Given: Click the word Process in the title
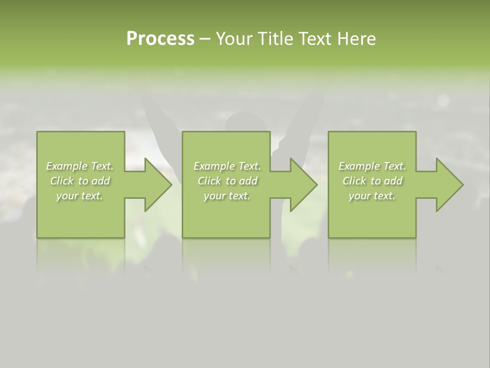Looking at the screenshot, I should pos(160,39).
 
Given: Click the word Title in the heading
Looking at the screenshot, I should pos(278,39).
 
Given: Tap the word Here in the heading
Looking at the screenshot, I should pos(357,39).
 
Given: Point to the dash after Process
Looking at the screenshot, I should pos(205,39).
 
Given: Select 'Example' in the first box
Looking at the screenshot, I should pos(66,166).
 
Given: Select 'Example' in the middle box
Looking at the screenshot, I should pos(213,166).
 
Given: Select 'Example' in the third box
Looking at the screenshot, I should pos(359,166).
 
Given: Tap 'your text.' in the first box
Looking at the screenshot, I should pos(80,196).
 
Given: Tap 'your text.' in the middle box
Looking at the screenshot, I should pos(227,196).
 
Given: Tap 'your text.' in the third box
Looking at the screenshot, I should pos(372,196).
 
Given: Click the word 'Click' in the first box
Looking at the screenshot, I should pos(62,181).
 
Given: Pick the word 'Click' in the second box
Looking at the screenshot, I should pos(209,181).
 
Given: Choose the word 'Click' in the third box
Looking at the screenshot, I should pos(354,181).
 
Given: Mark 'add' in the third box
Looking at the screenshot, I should pos(394,181).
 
